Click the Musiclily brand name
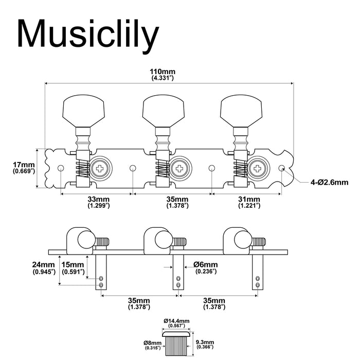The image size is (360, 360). click(x=87, y=34)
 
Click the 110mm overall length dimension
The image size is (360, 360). click(x=163, y=74)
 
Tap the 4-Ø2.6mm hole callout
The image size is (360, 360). click(x=329, y=182)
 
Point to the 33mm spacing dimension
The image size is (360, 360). click(x=97, y=202)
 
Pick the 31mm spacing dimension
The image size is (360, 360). click(x=248, y=202)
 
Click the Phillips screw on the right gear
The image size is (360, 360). click(x=258, y=168)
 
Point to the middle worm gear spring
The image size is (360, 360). click(x=161, y=168)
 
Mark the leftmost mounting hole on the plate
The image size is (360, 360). click(x=61, y=168)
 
